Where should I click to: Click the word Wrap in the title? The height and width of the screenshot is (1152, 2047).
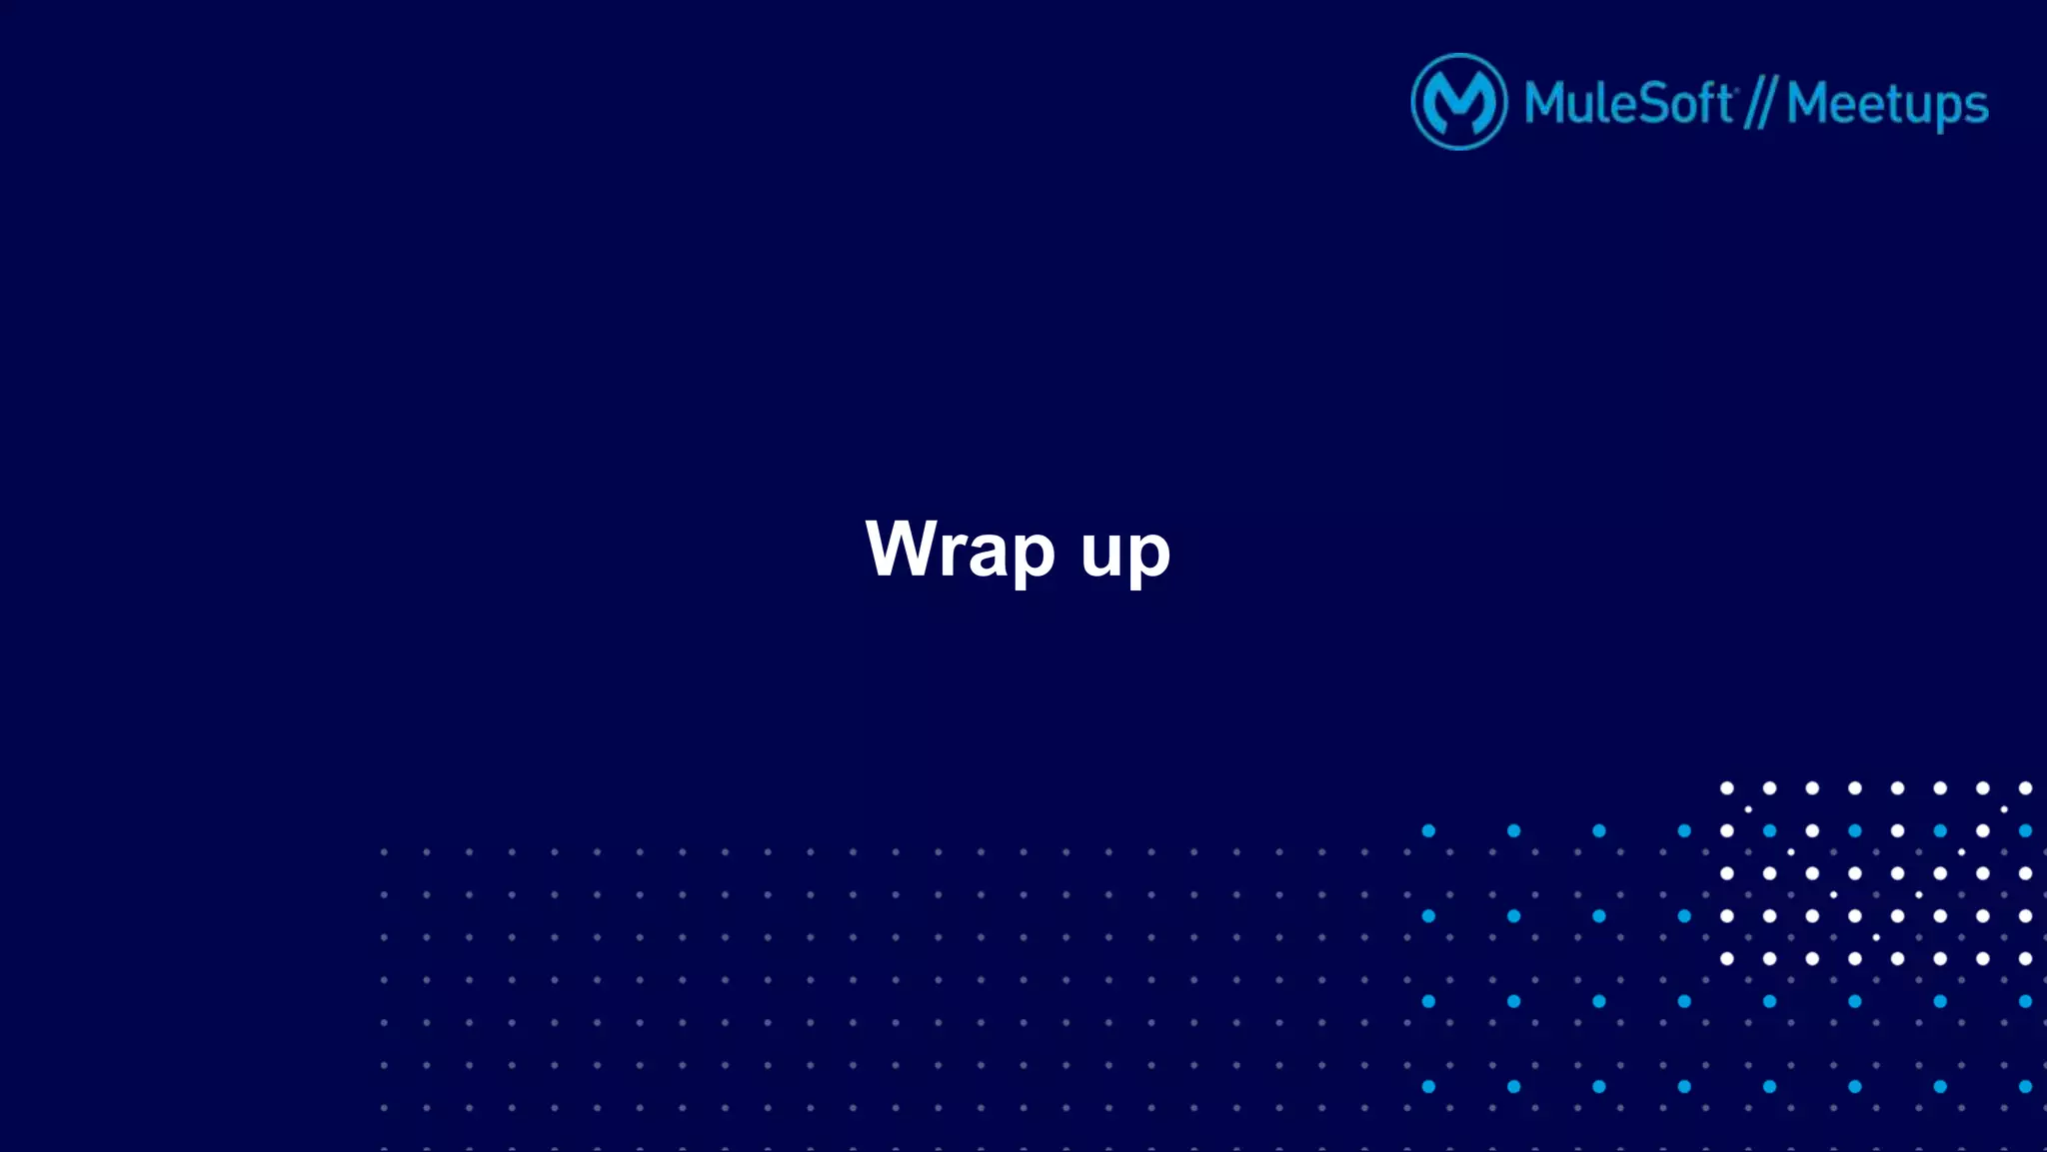click(960, 549)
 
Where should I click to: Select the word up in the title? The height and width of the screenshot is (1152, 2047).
click(1125, 553)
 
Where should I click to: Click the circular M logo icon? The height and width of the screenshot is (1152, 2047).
click(1458, 102)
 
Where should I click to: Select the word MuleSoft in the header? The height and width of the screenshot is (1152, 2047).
click(1629, 103)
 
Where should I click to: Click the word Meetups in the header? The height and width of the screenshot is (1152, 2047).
click(1887, 105)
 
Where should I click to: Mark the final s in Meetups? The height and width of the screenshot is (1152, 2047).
click(1977, 108)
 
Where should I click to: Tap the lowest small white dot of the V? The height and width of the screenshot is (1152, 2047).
click(1876, 937)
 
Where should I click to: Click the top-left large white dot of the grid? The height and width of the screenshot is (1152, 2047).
click(1727, 788)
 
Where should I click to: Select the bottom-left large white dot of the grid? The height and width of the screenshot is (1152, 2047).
click(1727, 959)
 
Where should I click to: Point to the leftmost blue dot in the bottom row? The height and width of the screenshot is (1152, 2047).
click(1428, 1087)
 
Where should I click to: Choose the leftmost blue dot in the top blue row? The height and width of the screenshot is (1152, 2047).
click(1428, 831)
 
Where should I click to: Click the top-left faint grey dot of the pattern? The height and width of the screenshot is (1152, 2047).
click(384, 852)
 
